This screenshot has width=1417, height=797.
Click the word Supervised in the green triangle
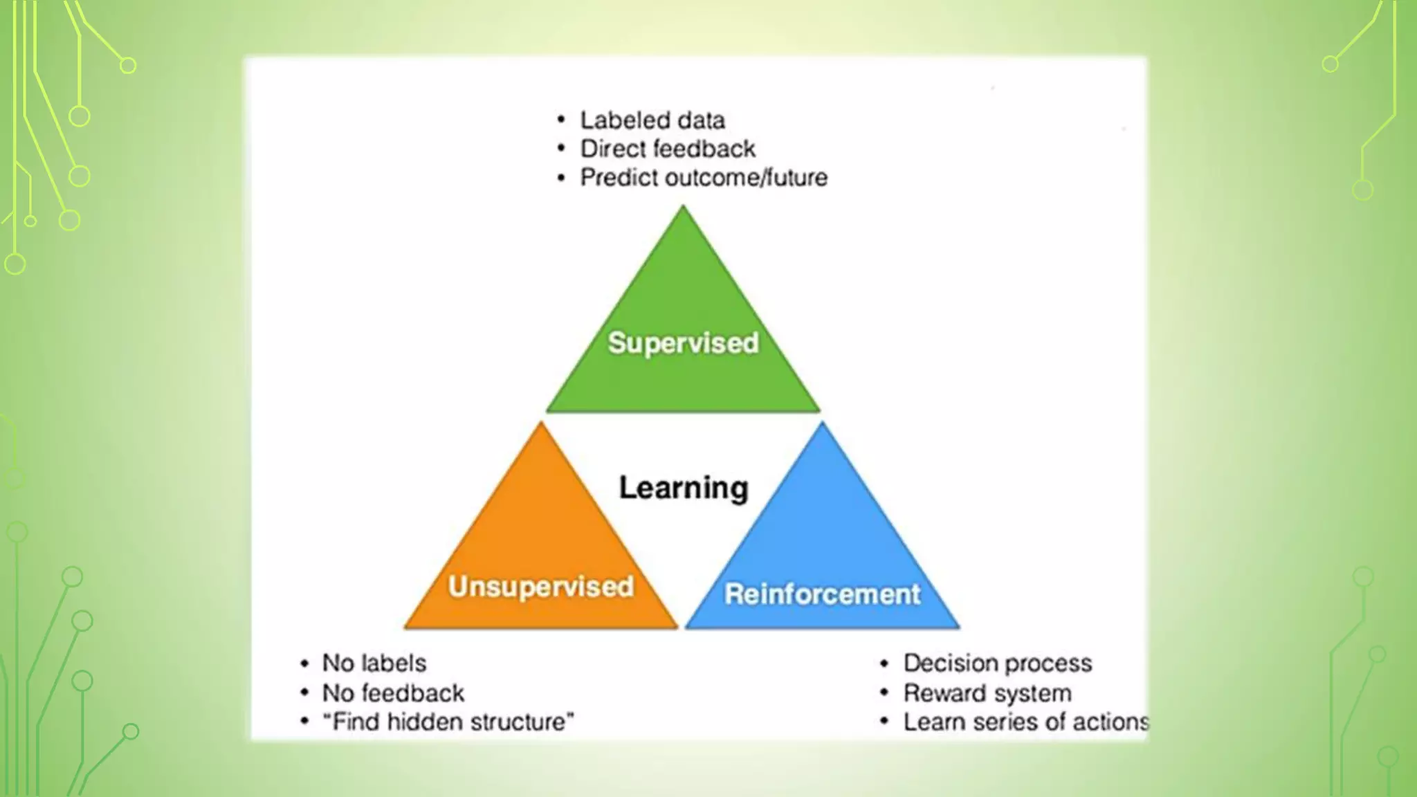[683, 342]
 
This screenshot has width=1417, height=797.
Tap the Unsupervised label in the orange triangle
[540, 586]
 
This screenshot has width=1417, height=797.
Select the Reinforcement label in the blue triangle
[822, 594]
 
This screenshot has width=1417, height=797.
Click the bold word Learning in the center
[684, 488]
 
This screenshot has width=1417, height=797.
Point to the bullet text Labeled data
[652, 120]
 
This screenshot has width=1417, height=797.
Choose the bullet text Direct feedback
[667, 149]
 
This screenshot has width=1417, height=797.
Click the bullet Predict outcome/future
[703, 178]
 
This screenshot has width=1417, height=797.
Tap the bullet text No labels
[374, 663]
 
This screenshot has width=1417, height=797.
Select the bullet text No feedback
[393, 693]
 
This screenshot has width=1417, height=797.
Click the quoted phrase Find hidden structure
[448, 722]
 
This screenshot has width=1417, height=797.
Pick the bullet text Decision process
[997, 663]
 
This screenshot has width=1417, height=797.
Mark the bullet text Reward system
[987, 693]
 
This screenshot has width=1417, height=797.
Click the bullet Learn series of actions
[1025, 722]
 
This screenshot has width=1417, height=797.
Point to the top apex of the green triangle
[683, 208]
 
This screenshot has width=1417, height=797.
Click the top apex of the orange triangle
[541, 425]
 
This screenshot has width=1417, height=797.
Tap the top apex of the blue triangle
[823, 425]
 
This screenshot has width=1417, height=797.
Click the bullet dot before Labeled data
[561, 120]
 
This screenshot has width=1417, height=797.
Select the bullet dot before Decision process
[884, 663]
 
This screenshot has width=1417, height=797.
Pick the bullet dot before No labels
[304, 663]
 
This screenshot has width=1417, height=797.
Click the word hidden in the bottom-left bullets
[414, 722]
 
